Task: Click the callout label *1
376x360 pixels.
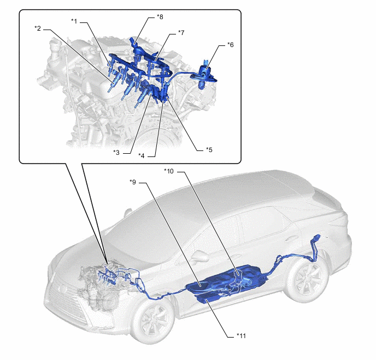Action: pyautogui.click(x=74, y=21)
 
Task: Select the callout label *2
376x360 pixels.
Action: pyautogui.click(x=38, y=28)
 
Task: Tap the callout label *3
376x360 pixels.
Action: pyautogui.click(x=116, y=153)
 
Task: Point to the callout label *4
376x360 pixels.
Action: pyautogui.click(x=142, y=156)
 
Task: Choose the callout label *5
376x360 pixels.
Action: pyautogui.click(x=209, y=150)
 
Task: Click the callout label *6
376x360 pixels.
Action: pyautogui.click(x=230, y=45)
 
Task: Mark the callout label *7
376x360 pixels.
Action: pyautogui.click(x=181, y=33)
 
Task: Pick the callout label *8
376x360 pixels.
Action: pyautogui.click(x=160, y=17)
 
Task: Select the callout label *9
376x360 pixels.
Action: pyautogui.click(x=133, y=182)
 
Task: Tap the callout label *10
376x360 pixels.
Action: pyautogui.click(x=169, y=171)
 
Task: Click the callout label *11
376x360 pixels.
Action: pyautogui.click(x=241, y=336)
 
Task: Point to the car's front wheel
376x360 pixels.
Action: pyautogui.click(x=153, y=321)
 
